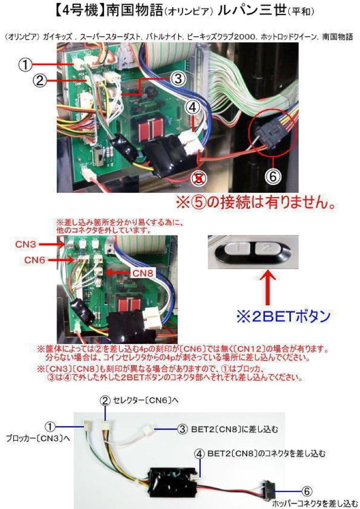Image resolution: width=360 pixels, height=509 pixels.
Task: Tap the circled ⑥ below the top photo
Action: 273,176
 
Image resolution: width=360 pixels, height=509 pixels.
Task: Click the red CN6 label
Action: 36,260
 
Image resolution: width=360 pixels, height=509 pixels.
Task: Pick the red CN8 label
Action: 143,272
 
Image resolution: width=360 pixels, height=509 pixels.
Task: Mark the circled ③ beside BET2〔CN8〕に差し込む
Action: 183,429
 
